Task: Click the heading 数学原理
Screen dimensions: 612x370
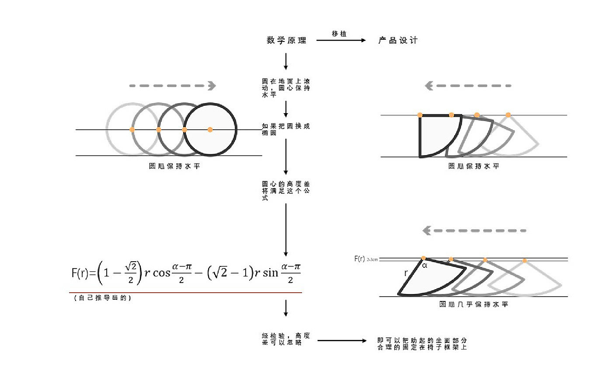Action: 286,41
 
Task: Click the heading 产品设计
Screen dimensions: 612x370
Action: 398,41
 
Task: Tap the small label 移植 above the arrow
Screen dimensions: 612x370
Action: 339,34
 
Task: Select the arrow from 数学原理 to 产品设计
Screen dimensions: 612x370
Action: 341,41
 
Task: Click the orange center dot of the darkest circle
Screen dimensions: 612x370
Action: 210,130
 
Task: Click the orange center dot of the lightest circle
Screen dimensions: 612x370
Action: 132,130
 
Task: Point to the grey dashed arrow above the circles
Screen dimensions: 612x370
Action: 173,86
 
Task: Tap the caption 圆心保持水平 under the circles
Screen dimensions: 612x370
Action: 174,166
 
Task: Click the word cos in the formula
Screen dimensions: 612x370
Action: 161,273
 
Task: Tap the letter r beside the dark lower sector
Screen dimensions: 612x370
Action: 406,273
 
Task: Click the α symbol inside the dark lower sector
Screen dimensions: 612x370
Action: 424,265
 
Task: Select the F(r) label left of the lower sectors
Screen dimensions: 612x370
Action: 360,259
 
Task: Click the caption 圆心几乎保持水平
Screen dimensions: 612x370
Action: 473,304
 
